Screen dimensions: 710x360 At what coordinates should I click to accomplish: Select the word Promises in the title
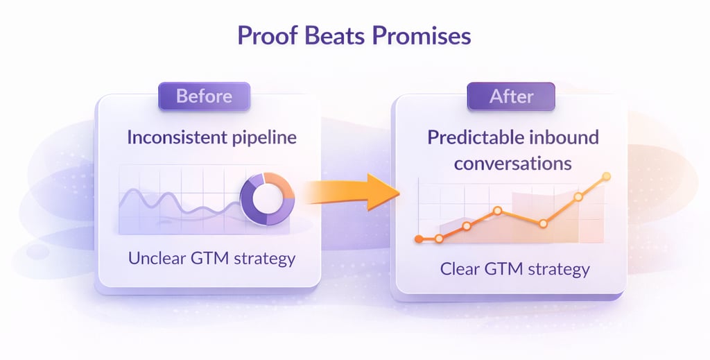coord(421,35)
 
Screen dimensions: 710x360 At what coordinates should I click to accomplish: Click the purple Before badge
coord(205,96)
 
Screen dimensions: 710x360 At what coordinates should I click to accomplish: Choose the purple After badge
coord(511,96)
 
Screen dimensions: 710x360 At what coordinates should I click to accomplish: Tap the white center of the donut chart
coord(268,199)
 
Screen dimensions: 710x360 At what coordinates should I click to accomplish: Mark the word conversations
coord(512,164)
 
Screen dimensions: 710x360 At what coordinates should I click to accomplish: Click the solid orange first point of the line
coord(419,239)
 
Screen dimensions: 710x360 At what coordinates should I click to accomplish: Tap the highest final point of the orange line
coord(606,177)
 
